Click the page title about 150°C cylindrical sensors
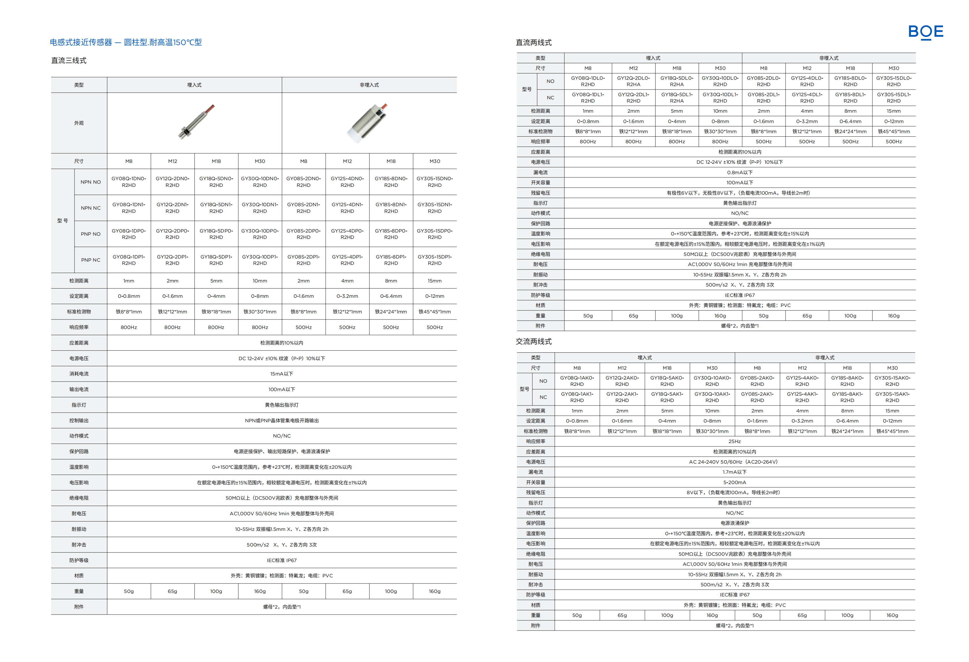click(x=125, y=42)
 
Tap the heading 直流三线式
click(x=69, y=60)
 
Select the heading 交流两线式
click(x=533, y=341)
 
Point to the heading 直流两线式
click(x=533, y=42)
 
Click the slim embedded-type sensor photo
click(x=196, y=121)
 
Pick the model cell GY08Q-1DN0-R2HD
click(x=129, y=182)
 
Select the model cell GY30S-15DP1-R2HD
click(x=435, y=260)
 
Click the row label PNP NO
click(x=90, y=234)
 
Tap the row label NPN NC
click(x=90, y=208)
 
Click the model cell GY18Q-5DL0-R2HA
click(x=677, y=81)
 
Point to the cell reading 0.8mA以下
click(x=740, y=172)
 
